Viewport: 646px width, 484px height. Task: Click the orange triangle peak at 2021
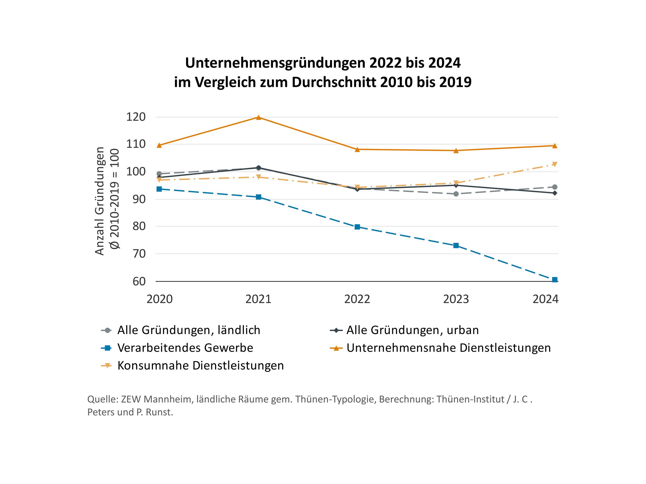pos(258,118)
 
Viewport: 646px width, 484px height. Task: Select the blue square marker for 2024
pos(554,280)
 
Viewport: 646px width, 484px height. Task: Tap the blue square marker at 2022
pos(357,227)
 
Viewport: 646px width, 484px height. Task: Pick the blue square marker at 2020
pos(159,189)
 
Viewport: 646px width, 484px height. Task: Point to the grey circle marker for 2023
pos(456,194)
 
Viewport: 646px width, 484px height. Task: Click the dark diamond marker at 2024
pos(554,193)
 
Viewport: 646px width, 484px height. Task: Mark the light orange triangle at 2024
pos(554,164)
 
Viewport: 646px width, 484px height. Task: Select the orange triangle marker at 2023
pos(456,151)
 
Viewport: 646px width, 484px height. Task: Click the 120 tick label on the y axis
pos(136,117)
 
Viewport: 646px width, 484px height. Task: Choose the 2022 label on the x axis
pos(357,299)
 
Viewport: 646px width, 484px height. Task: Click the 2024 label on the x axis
pos(545,299)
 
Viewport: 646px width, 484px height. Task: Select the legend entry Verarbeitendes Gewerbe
pos(185,348)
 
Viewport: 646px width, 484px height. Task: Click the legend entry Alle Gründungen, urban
pos(412,330)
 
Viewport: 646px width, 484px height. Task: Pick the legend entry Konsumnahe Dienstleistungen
pos(200,365)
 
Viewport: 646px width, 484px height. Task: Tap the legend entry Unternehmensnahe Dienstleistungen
pos(448,348)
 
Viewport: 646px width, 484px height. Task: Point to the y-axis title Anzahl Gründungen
pos(100,201)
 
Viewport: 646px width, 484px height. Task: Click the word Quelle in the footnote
pos(103,399)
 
